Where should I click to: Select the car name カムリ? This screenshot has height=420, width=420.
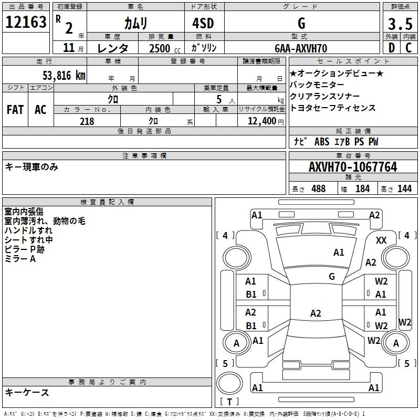tap(135, 23)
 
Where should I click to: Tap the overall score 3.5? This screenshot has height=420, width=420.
tap(398, 24)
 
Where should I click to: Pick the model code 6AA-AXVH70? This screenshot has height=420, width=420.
tap(301, 48)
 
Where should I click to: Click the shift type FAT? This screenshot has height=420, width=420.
tap(15, 109)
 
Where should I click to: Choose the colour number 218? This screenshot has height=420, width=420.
tap(87, 121)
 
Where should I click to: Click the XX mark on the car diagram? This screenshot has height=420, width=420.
tap(381, 240)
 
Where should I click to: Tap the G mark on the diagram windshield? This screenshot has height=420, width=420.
tap(332, 276)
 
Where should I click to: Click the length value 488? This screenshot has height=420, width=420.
tap(318, 189)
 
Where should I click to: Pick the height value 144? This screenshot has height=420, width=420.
tap(404, 189)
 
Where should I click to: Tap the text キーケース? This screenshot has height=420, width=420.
tap(27, 392)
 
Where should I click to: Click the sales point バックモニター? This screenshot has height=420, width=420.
tap(317, 85)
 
